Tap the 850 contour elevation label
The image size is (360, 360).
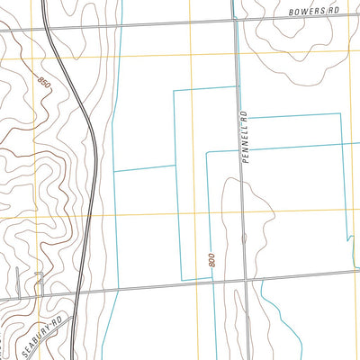[x=44, y=83]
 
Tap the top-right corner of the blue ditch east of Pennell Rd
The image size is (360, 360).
[x=340, y=113]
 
